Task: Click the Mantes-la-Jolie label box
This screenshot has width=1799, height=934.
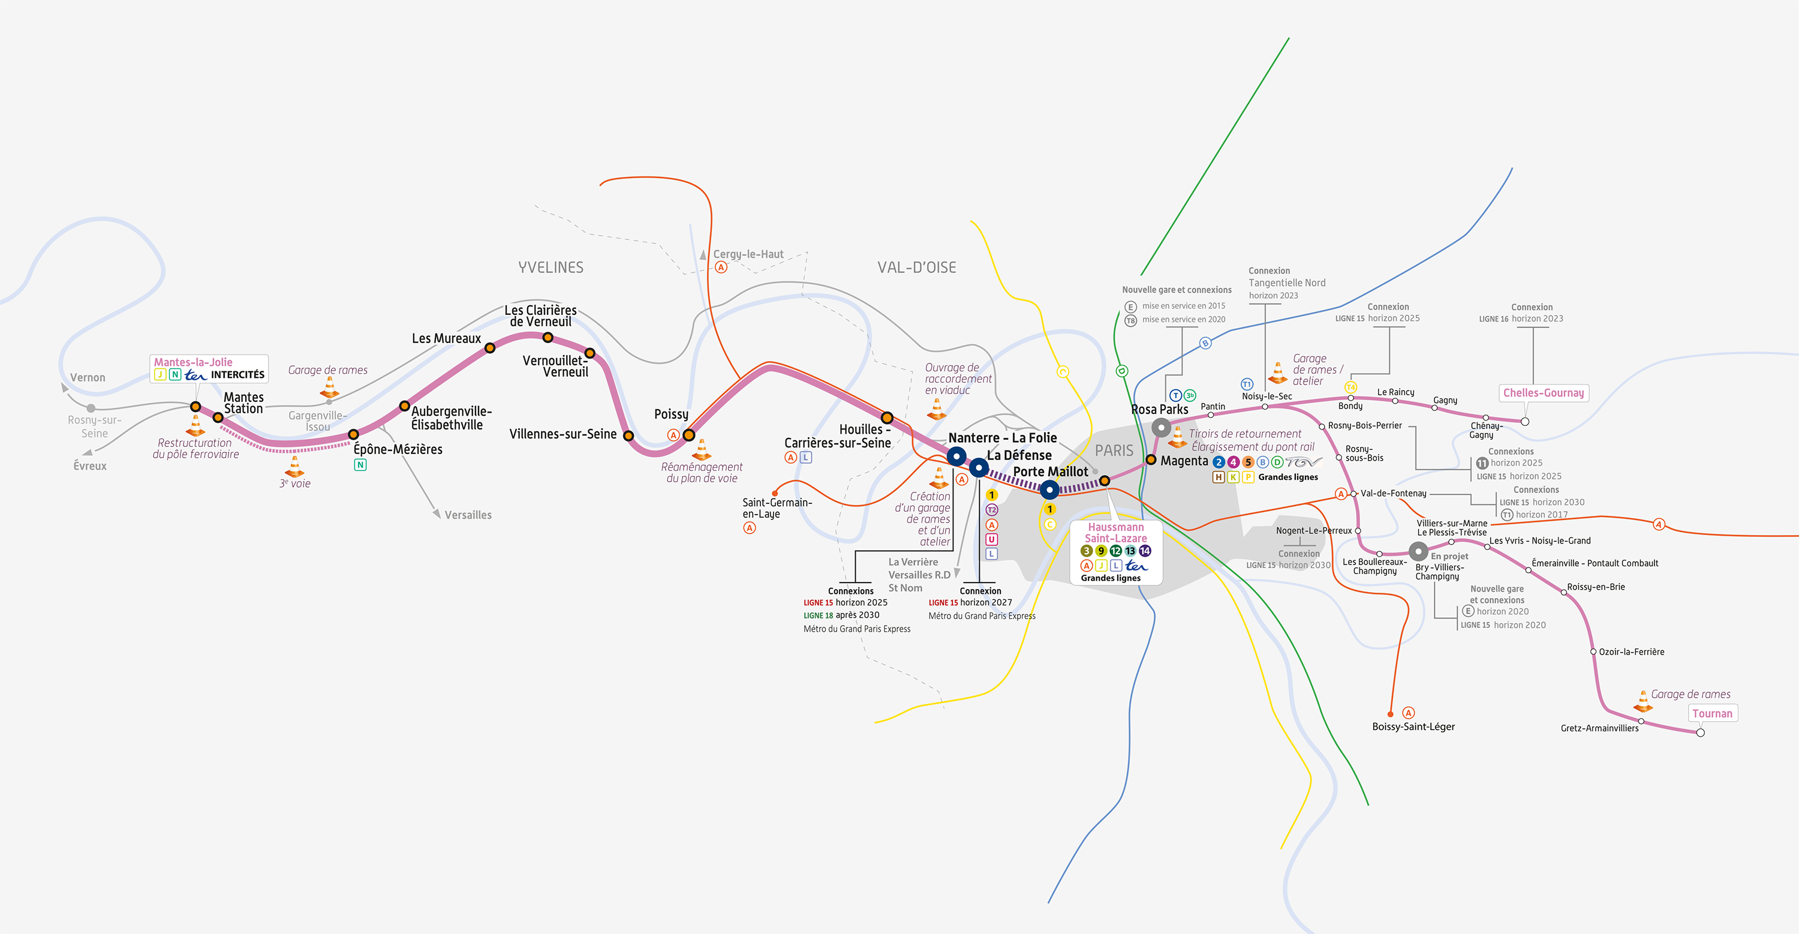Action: [x=209, y=368]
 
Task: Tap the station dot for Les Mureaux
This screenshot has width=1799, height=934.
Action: [x=491, y=348]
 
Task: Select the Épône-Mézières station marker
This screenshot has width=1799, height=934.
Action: [x=353, y=434]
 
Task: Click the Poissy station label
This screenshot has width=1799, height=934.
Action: [x=671, y=415]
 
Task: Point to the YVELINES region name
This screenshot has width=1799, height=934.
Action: [x=551, y=268]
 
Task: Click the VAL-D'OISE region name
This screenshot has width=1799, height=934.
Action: [x=917, y=268]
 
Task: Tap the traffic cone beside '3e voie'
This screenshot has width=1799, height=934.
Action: [x=294, y=466]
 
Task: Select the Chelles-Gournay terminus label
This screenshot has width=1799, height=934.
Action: [x=1544, y=392]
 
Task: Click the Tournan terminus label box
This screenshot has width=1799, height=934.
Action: [x=1713, y=713]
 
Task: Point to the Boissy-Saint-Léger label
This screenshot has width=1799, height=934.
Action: [x=1413, y=726]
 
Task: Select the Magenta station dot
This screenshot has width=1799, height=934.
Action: [x=1151, y=460]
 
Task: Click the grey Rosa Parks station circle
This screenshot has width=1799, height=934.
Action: [x=1162, y=428]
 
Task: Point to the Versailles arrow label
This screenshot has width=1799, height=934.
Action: [x=468, y=515]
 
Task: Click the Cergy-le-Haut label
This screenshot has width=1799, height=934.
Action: [x=748, y=254]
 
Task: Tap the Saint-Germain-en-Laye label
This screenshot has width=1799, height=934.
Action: [x=777, y=508]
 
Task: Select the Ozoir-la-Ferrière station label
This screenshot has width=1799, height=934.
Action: [x=1631, y=652]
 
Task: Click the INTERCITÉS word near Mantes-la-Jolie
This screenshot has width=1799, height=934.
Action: [x=237, y=374]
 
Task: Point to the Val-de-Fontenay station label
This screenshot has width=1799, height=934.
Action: [x=1393, y=493]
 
